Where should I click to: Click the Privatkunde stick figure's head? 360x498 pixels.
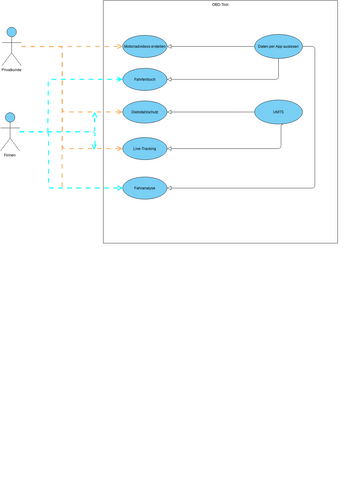coord(12,33)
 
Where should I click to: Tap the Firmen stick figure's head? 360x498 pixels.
coord(10,118)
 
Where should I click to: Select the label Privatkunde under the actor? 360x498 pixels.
coord(12,70)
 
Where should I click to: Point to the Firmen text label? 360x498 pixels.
coord(10,155)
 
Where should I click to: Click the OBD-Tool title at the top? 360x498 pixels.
coord(220,5)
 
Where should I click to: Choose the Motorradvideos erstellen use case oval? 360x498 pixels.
coord(144,47)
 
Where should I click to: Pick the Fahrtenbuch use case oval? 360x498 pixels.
coord(144,79)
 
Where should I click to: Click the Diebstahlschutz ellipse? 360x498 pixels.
coord(144,113)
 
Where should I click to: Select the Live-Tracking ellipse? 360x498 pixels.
coord(144,149)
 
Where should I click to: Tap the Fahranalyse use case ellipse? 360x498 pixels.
coord(144,187)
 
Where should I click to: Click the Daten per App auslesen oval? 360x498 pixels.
coord(278,46)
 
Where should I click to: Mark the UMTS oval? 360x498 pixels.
coord(278,112)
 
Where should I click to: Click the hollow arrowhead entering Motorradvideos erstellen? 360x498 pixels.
coord(171,47)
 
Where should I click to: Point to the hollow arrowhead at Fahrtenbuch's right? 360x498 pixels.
coord(171,79)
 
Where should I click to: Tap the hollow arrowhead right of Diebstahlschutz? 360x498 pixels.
coord(171,113)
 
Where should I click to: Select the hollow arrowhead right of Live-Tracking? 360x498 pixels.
coord(171,149)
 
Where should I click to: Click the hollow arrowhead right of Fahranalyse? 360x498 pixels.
coord(171,187)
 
